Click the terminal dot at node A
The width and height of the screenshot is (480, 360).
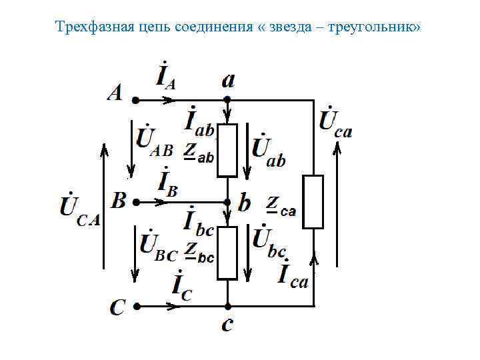point(135,101)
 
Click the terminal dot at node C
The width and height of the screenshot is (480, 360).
point(135,307)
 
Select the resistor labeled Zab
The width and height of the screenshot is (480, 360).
point(227,150)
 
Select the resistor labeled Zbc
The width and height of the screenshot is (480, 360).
point(227,253)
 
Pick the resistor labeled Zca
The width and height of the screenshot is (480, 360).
point(313,202)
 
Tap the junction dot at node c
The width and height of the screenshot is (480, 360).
point(227,307)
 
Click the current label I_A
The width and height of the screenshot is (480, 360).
point(166,77)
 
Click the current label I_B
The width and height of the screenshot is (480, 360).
point(167,183)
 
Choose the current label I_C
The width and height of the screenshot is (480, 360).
point(181,286)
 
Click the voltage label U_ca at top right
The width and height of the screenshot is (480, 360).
point(335,121)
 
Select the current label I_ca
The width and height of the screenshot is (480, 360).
point(293,275)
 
